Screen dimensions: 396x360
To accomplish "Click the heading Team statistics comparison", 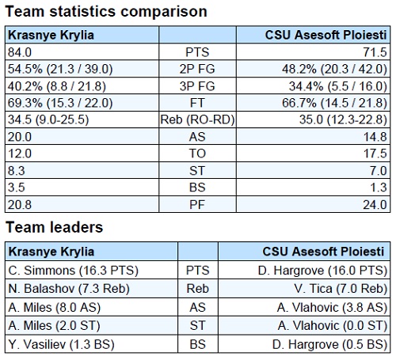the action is [x=106, y=12].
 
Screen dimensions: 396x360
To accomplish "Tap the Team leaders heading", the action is [x=54, y=227].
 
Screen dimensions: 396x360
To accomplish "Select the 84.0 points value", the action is [x=20, y=52].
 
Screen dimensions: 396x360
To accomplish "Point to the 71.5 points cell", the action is [x=375, y=52].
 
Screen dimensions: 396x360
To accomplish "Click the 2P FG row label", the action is [x=197, y=69].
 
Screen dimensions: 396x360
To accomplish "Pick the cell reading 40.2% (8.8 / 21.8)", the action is [x=57, y=86].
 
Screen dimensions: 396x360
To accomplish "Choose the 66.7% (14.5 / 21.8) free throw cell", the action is [x=334, y=103].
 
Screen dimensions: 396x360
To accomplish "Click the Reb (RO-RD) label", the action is [x=197, y=119].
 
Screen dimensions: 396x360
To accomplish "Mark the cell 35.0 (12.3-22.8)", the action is [x=343, y=119].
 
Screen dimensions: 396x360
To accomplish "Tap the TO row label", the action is [x=197, y=153].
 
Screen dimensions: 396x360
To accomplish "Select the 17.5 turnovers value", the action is [x=375, y=153].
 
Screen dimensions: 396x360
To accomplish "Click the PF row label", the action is [x=197, y=205].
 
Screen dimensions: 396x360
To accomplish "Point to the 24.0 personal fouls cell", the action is [x=375, y=205].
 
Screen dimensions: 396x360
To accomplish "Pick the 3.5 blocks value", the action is [x=17, y=188].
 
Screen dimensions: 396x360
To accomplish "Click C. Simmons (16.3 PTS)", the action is [x=73, y=271].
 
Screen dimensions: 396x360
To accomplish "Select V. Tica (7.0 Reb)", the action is [x=341, y=289].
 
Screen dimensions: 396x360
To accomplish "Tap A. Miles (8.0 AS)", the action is [x=55, y=308].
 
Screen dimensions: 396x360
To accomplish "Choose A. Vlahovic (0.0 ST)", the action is [x=333, y=325].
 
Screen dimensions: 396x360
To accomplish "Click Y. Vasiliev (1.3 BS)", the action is [x=61, y=344].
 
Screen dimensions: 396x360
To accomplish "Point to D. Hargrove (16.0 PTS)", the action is [x=322, y=271].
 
